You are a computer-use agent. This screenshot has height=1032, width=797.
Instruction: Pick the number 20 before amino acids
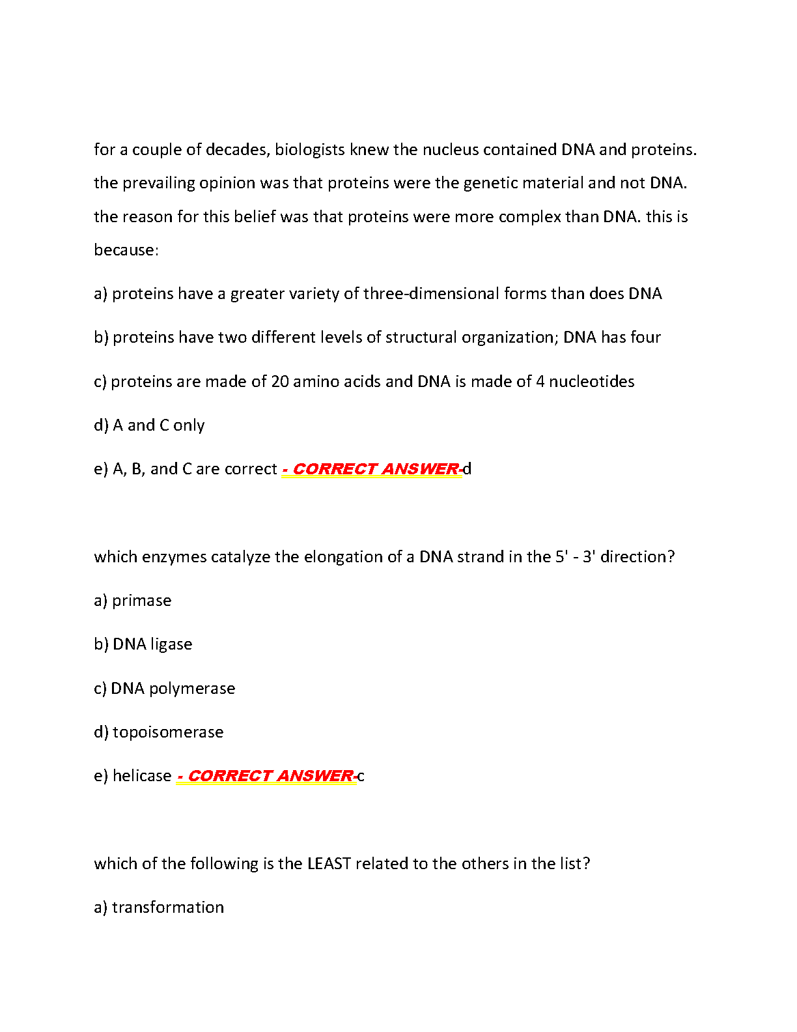pos(280,382)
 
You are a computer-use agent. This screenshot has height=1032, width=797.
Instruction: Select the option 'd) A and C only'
pos(149,425)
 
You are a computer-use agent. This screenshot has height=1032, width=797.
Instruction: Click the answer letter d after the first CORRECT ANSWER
pos(467,469)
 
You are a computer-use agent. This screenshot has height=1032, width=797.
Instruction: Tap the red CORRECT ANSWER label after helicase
pos(266,776)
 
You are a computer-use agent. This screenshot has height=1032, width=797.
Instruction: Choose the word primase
pos(142,601)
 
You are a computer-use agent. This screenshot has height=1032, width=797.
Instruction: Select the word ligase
pos(171,644)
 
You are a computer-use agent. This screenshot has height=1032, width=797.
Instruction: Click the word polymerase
pos(192,689)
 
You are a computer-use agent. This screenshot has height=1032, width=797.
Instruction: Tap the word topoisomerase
pos(168,732)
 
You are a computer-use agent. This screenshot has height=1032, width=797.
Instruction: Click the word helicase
pos(142,776)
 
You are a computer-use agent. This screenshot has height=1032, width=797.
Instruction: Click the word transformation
pos(168,908)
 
